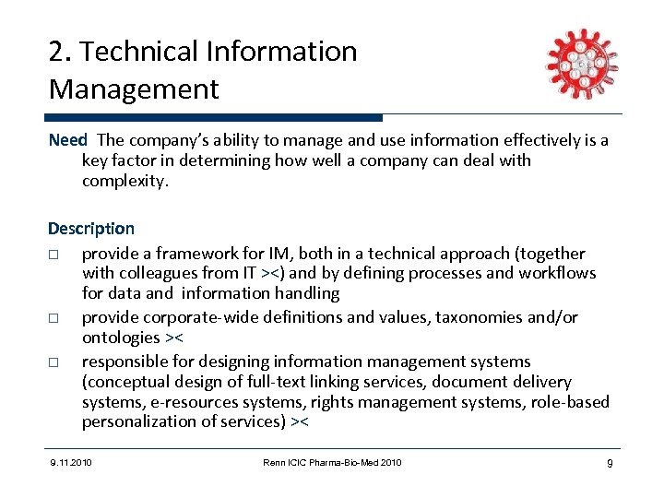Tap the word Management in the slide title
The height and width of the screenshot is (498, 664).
(134, 89)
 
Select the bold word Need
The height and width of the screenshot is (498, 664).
(67, 140)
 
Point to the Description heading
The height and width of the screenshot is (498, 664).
(91, 229)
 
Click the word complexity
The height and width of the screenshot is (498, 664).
(125, 181)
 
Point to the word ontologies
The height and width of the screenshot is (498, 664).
(121, 338)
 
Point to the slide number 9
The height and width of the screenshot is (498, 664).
(610, 462)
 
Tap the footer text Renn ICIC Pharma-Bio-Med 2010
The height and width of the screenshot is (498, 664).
(331, 462)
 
